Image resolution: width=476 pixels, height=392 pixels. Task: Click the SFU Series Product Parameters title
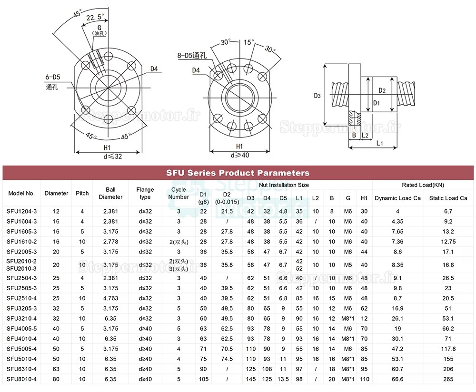238,173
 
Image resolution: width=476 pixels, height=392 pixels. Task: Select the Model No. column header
21,193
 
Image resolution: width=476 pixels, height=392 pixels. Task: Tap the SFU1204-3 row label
21,211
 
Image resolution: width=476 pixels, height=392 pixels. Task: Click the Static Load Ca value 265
448,379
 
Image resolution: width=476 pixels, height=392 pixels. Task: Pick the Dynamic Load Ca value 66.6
397,379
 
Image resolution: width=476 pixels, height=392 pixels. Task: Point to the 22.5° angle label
95,18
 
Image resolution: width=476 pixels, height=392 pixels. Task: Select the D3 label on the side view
317,96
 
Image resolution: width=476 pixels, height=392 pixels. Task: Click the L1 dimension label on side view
379,143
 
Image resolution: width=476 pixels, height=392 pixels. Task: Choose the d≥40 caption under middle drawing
239,155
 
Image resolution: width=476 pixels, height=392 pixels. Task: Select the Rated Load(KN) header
423,185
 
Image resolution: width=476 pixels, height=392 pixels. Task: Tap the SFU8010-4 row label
21,379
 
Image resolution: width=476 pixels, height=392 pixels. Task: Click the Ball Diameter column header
110,193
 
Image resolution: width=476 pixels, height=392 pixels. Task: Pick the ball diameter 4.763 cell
110,298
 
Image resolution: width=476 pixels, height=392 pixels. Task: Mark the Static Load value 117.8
448,348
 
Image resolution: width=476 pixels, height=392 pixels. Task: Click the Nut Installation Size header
284,185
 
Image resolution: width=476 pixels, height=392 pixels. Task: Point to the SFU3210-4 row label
21,318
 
